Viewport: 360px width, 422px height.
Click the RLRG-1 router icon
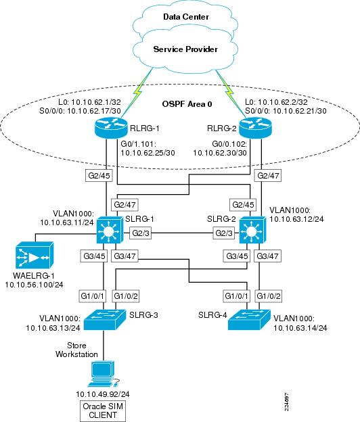(111, 128)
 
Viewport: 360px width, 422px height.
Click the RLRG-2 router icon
(256, 128)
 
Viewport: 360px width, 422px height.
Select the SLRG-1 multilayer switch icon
(110, 229)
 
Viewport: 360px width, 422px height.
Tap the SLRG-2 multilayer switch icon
(252, 229)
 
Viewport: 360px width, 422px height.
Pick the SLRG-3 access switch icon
(105, 320)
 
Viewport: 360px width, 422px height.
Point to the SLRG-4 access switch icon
(249, 320)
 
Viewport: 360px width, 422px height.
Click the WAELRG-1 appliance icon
(35, 255)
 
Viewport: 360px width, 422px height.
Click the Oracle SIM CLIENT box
(103, 411)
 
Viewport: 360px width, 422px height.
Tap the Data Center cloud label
(186, 17)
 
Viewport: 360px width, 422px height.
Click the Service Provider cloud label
(185, 49)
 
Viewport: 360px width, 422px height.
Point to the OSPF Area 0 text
(187, 104)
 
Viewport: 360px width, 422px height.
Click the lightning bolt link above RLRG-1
(137, 92)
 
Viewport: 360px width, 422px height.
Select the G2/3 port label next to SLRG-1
(141, 233)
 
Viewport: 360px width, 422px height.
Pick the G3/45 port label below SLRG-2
(237, 256)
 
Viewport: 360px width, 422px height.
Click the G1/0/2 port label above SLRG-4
(269, 296)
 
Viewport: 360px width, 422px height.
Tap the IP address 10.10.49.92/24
(103, 394)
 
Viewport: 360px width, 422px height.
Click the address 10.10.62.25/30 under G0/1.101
(148, 153)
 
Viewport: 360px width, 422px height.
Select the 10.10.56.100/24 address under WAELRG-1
(35, 285)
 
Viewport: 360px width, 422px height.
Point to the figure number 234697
(286, 402)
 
